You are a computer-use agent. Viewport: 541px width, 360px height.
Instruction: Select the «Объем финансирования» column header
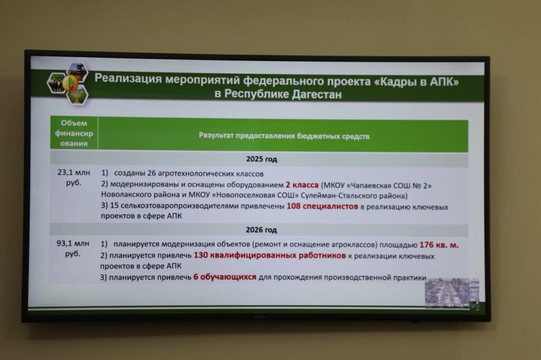pos(74,133)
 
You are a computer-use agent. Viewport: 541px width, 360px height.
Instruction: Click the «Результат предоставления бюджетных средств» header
pos(284,136)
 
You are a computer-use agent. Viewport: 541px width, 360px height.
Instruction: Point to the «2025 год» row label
pos(262,159)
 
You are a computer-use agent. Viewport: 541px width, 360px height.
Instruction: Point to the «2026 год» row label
pos(261,230)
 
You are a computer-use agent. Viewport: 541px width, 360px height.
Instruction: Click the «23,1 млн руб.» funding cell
pos(73,177)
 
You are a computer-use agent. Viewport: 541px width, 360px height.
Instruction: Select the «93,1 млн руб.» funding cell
pos(73,249)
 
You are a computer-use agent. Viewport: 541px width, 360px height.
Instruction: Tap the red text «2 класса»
pos(302,185)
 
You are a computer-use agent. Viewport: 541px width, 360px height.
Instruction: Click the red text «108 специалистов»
pos(322,206)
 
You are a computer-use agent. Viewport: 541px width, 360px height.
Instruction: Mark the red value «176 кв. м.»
pos(439,245)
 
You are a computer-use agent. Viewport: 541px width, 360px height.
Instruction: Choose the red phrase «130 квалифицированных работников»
pos(270,255)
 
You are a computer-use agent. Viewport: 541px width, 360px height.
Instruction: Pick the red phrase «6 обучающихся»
pos(225,277)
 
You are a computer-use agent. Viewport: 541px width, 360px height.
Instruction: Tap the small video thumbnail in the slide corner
pos(452,293)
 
